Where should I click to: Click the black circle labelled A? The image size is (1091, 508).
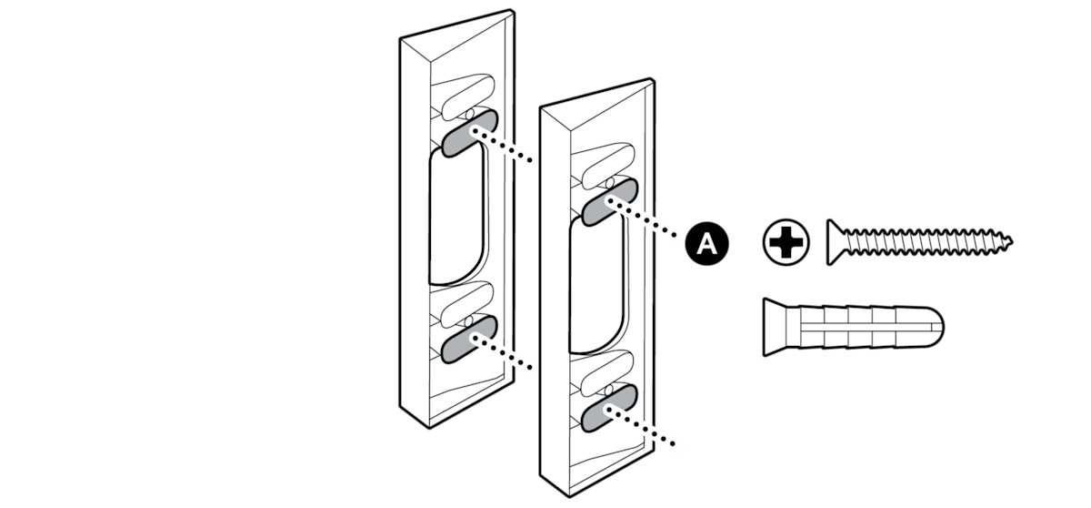point(706,243)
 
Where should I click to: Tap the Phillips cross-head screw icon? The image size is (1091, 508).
point(786,242)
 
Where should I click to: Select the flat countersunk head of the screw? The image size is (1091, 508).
point(836,242)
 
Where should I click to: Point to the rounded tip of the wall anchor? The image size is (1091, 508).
point(937,327)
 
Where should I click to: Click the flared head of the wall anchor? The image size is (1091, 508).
point(775,327)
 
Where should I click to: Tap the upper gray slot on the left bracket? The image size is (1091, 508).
point(469,133)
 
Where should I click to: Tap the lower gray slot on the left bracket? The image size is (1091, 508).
point(469,340)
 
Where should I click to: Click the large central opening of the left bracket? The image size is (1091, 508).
point(456,217)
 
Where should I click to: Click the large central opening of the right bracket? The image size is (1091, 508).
point(597,286)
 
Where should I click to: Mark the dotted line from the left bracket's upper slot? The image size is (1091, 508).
point(502,146)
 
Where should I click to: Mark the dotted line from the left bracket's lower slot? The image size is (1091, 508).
point(502,351)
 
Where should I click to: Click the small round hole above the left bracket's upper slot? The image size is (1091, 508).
point(470,115)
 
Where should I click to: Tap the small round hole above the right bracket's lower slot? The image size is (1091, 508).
point(609,390)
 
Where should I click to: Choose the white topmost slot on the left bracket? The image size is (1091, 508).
point(467,97)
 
